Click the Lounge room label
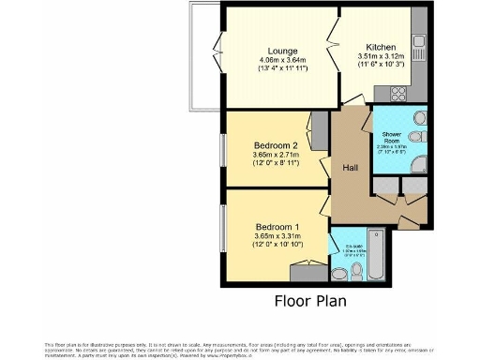coord(282,51)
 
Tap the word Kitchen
coord(381,47)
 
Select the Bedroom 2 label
coord(276,146)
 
